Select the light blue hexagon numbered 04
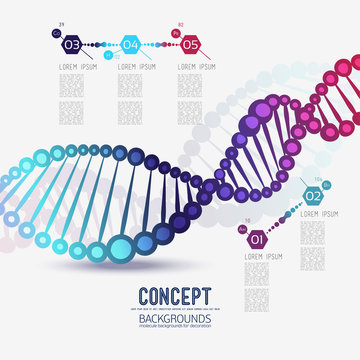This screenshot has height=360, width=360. click(x=131, y=45)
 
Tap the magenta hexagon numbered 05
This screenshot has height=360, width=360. click(x=191, y=45)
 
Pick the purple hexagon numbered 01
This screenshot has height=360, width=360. click(x=255, y=240)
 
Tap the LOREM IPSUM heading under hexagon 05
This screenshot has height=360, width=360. click(x=195, y=67)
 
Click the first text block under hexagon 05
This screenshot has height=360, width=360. click(x=190, y=85)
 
